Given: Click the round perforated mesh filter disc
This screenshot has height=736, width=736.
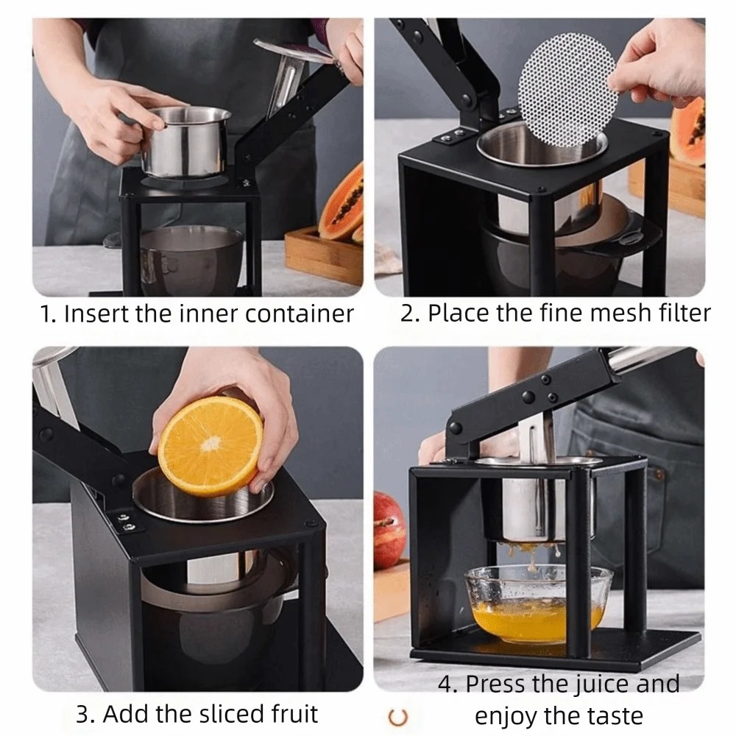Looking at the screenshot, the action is click(566, 89).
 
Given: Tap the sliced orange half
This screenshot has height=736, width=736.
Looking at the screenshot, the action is click(210, 446).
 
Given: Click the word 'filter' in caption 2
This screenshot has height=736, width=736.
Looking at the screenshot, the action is click(684, 313).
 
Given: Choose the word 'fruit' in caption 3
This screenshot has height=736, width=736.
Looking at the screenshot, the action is click(295, 714).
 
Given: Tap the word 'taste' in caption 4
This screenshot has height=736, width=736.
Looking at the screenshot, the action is click(614, 717).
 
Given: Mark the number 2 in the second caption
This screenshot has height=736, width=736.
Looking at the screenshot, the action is click(406, 313).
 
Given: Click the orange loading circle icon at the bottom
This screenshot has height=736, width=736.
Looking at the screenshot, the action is click(398, 717).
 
